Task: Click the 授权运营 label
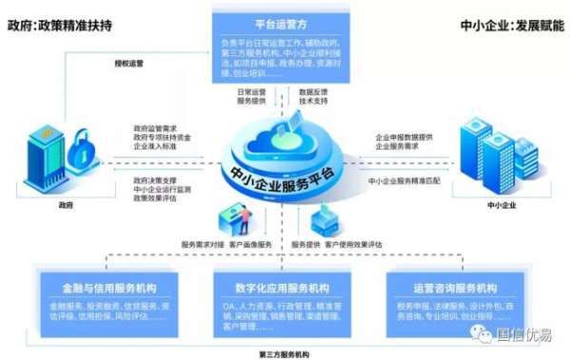[x=128, y=64]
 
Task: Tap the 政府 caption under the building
[x=65, y=204]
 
